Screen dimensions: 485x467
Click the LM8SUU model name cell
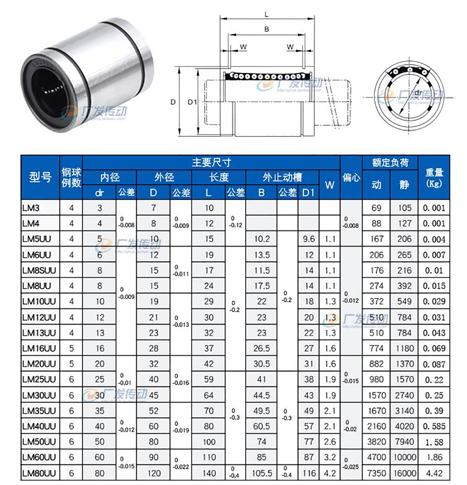click(x=39, y=270)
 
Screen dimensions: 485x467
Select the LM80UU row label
click(x=39, y=473)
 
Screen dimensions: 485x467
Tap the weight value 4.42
click(x=434, y=473)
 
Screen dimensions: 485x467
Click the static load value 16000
click(x=404, y=473)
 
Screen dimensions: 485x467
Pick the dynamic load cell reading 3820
click(x=376, y=441)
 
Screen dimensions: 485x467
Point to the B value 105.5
click(x=262, y=473)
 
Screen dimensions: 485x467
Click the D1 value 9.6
click(x=309, y=239)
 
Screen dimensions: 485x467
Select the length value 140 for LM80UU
click(x=209, y=473)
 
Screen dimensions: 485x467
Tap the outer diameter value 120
click(x=154, y=473)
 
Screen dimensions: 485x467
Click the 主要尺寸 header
click(x=211, y=162)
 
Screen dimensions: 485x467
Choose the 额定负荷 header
click(x=390, y=162)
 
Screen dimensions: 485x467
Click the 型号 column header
click(x=40, y=177)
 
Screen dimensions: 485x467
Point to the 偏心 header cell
click(x=351, y=177)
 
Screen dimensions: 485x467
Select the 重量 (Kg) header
click(x=434, y=177)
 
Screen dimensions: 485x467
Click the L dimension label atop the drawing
click(x=267, y=15)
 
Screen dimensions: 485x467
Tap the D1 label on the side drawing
click(x=192, y=102)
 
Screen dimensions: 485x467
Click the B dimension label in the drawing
click(x=267, y=29)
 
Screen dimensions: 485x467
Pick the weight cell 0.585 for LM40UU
click(x=434, y=426)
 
